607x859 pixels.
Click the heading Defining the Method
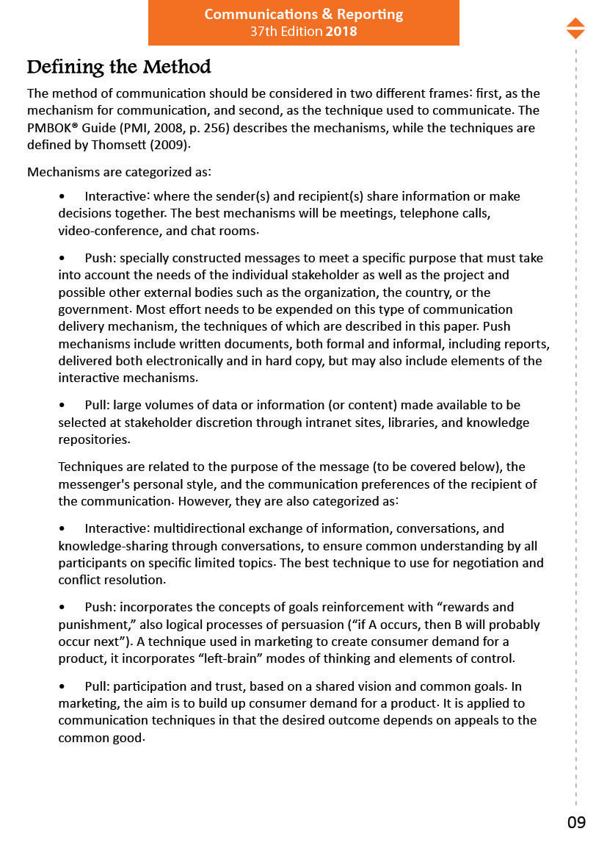[x=119, y=68]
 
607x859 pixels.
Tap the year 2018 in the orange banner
[x=341, y=32]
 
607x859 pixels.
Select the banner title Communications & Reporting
[x=303, y=15]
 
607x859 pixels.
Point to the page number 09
[x=576, y=822]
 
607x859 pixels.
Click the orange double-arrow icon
[x=575, y=29]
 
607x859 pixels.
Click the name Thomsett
[x=120, y=145]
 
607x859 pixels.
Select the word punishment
[x=92, y=625]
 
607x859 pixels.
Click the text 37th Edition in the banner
[x=286, y=32]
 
